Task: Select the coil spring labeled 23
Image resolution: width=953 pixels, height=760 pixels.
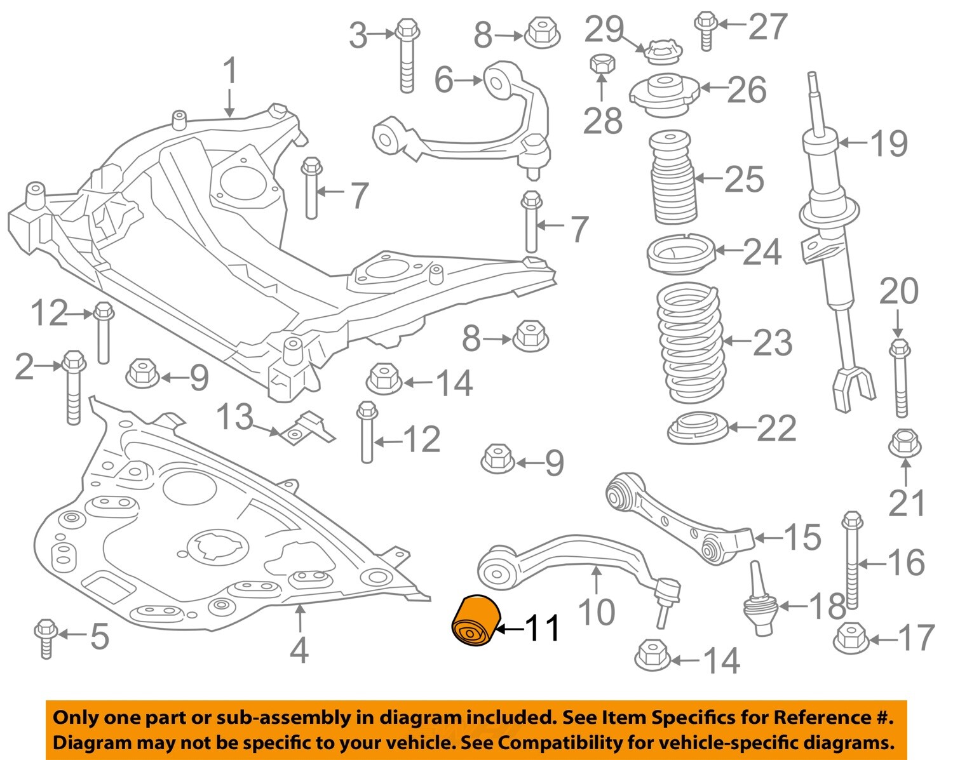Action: tap(691, 343)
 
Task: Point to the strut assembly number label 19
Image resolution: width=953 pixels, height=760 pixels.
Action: tap(889, 143)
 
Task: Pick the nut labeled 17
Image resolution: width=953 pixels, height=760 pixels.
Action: tap(850, 638)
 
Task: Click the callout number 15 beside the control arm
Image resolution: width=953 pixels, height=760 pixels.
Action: tap(802, 537)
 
